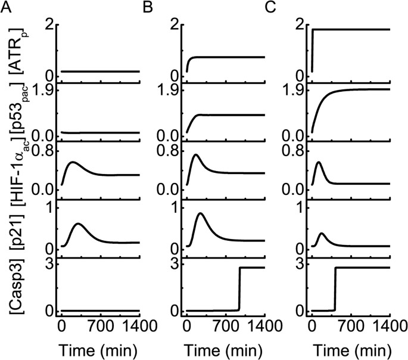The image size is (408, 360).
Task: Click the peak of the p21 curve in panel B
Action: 201,213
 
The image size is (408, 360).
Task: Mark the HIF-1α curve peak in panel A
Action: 73,162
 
